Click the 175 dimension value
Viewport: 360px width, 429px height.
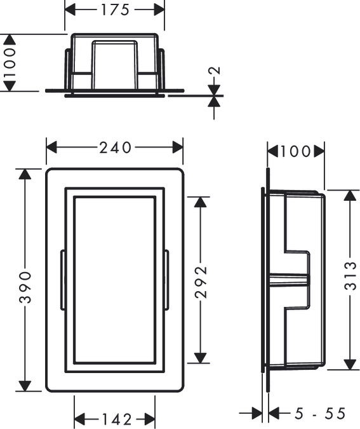(115, 10)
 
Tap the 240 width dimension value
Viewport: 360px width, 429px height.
(115, 148)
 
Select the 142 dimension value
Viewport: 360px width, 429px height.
(115, 419)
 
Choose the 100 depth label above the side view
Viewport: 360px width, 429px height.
(295, 151)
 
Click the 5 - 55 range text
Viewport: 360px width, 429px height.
(319, 414)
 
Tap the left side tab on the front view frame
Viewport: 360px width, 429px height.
(62, 280)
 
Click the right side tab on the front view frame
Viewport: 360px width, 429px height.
(167, 280)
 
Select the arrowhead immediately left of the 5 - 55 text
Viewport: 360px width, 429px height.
(274, 414)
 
